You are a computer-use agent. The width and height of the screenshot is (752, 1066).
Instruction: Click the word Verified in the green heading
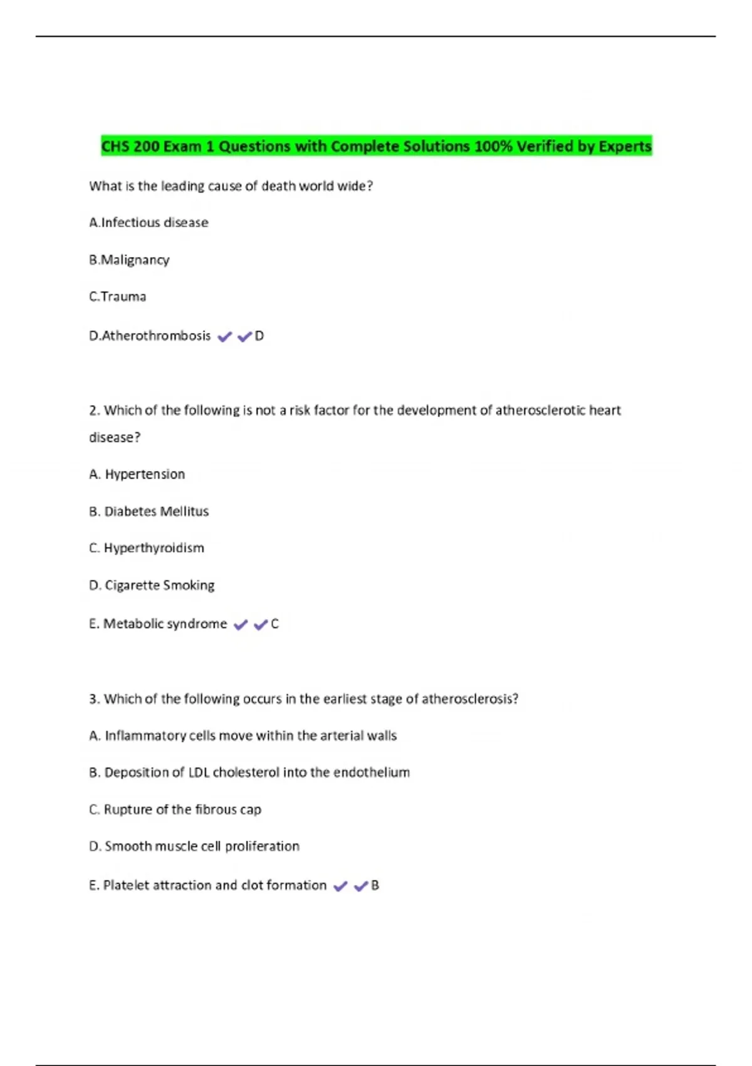pyautogui.click(x=544, y=146)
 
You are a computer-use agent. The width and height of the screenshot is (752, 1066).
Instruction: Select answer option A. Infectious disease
pyautogui.click(x=149, y=223)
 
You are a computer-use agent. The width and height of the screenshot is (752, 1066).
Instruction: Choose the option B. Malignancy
pyautogui.click(x=129, y=260)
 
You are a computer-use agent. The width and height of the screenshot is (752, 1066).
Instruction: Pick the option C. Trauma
pyautogui.click(x=117, y=297)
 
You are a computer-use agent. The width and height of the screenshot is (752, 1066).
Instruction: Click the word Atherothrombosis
pyautogui.click(x=156, y=336)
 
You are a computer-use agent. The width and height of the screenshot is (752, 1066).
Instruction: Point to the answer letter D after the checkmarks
pyautogui.click(x=259, y=336)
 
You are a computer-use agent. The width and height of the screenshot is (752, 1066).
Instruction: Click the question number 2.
pyautogui.click(x=94, y=411)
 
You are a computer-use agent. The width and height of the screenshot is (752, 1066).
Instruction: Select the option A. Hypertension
pyautogui.click(x=137, y=474)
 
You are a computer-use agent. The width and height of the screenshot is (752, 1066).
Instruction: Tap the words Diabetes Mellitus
pyautogui.click(x=156, y=512)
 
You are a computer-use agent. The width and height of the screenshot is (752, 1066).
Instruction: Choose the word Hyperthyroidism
pyautogui.click(x=154, y=548)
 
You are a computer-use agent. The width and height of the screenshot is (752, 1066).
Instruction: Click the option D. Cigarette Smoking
pyautogui.click(x=152, y=585)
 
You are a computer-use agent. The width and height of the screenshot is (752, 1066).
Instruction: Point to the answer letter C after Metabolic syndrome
pyautogui.click(x=274, y=624)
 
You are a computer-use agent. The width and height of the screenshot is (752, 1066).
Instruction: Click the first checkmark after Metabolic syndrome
pyautogui.click(x=241, y=625)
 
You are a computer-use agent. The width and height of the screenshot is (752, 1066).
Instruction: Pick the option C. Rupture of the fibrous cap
pyautogui.click(x=175, y=810)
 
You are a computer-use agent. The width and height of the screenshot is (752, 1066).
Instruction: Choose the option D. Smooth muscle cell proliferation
pyautogui.click(x=194, y=847)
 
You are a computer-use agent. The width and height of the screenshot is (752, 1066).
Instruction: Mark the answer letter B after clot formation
pyautogui.click(x=375, y=885)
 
